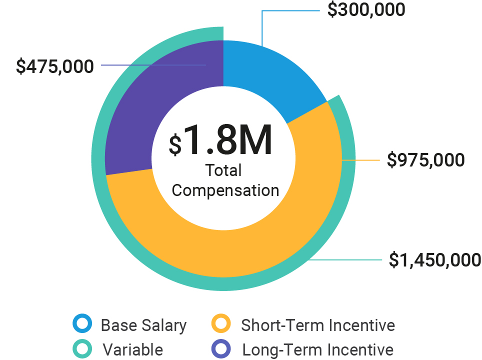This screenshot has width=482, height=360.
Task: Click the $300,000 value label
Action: pyautogui.click(x=366, y=9)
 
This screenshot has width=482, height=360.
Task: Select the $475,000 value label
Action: pyautogui.click(x=54, y=66)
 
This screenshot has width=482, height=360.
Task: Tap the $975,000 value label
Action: pyautogui.click(x=426, y=160)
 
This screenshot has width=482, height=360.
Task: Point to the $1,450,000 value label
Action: pyautogui.click(x=435, y=260)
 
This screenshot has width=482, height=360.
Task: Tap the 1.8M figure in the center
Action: pyautogui.click(x=228, y=141)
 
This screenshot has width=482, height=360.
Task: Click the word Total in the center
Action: pyautogui.click(x=223, y=170)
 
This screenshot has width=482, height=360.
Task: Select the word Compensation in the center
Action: pyautogui.click(x=225, y=190)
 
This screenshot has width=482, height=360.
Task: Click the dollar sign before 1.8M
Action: pyautogui.click(x=175, y=144)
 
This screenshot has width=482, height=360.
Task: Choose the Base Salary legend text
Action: pyautogui.click(x=143, y=325)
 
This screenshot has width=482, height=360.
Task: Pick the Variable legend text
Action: pyautogui.click(x=132, y=349)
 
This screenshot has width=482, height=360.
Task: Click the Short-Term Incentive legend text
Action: pyautogui.click(x=317, y=325)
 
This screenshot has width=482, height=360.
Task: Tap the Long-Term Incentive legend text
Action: pyautogui.click(x=317, y=349)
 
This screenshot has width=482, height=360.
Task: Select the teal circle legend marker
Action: pyautogui.click(x=82, y=348)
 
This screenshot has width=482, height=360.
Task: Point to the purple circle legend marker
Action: pyautogui.click(x=221, y=348)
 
